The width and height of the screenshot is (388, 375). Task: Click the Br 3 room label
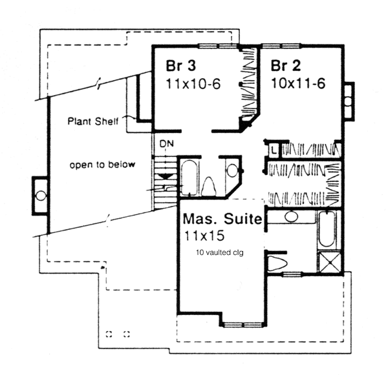coord(181,65)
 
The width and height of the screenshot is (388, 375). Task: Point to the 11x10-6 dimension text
coord(193,84)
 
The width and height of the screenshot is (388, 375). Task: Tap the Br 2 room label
coord(286,65)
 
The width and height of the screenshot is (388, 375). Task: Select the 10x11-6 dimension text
coord(298,83)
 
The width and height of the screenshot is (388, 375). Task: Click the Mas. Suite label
coord(222,219)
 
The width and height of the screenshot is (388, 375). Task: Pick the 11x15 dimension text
coord(204,236)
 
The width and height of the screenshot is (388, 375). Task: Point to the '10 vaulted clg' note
coord(220,253)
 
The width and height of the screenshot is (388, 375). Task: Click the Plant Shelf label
coord(93,121)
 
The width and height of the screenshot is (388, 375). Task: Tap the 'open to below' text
coord(102,165)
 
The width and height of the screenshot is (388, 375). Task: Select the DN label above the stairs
coord(167,143)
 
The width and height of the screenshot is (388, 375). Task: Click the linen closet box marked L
coord(274,150)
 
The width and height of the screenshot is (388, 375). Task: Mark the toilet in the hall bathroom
coord(209,187)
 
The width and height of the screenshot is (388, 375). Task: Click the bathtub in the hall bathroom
coord(189,177)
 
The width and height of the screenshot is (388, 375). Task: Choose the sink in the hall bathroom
coord(232,170)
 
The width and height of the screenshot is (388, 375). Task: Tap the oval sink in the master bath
coord(291,217)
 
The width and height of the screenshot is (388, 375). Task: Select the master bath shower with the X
coord(330,262)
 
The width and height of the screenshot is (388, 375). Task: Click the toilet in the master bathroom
coord(277,263)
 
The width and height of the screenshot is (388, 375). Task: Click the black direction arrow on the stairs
coord(164,176)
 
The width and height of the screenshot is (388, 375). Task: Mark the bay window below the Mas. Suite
coord(243,325)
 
